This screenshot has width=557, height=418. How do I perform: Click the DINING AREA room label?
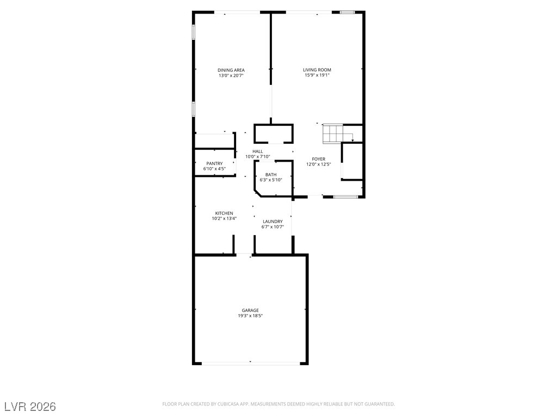[231, 70]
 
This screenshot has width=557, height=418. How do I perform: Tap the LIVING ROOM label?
[317, 70]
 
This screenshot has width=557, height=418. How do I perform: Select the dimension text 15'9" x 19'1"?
[317, 75]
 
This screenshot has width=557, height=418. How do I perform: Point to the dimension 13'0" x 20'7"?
[231, 76]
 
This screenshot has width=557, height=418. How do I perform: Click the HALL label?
[257, 151]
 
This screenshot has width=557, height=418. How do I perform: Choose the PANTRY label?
[214, 163]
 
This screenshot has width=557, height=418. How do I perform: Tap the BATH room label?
[271, 175]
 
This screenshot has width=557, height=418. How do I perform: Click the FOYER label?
[318, 159]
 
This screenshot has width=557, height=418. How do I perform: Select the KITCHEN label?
[224, 213]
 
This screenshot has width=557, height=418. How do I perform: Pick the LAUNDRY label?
[273, 222]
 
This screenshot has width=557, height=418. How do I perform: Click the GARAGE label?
[250, 310]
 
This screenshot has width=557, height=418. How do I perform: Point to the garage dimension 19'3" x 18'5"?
[250, 316]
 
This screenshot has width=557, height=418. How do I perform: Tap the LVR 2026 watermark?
[30, 407]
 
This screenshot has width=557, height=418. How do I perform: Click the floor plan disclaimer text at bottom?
[278, 404]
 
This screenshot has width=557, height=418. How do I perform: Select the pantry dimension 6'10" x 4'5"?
[214, 169]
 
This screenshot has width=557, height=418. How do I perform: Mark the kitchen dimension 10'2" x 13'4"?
[224, 219]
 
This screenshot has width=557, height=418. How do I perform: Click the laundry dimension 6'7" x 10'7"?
[273, 227]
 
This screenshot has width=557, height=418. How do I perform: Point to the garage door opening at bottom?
[250, 363]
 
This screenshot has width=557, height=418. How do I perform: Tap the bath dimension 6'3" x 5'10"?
[271, 180]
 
